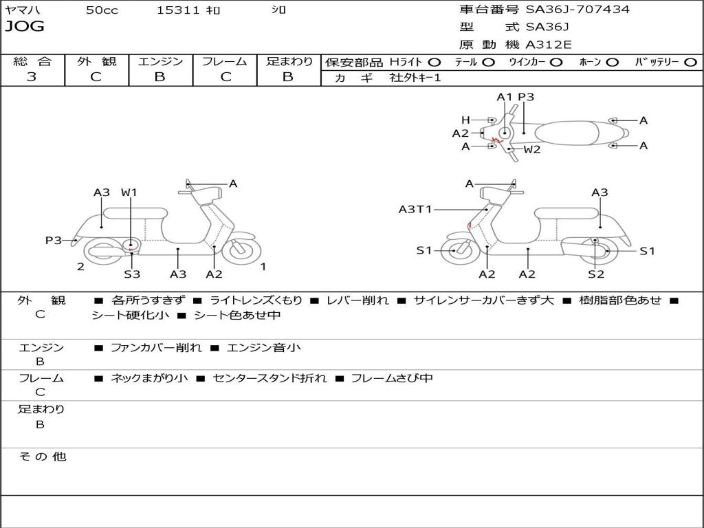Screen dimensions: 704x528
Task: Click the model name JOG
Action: (25, 27)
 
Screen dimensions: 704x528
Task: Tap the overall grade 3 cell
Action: (32, 77)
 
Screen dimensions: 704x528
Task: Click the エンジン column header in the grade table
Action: (160, 62)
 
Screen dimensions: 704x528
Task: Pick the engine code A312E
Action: (549, 45)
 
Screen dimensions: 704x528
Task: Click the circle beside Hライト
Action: (434, 62)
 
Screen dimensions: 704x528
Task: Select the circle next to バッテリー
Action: (690, 62)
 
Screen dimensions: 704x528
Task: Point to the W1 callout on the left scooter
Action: (129, 192)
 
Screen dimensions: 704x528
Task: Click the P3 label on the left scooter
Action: (54, 240)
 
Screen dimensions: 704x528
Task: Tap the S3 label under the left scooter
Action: (132, 274)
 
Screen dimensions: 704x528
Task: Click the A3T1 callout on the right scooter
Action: (415, 209)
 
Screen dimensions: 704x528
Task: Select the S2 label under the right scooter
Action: (595, 274)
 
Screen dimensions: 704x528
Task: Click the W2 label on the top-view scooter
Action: (532, 149)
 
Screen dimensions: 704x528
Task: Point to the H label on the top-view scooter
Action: (465, 120)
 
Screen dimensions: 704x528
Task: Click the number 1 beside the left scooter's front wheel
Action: (263, 266)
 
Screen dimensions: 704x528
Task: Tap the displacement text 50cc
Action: (102, 10)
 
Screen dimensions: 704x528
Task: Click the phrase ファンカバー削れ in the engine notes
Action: (156, 348)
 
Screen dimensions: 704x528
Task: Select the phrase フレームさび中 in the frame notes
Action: (392, 378)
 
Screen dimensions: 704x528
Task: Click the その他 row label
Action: (42, 456)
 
